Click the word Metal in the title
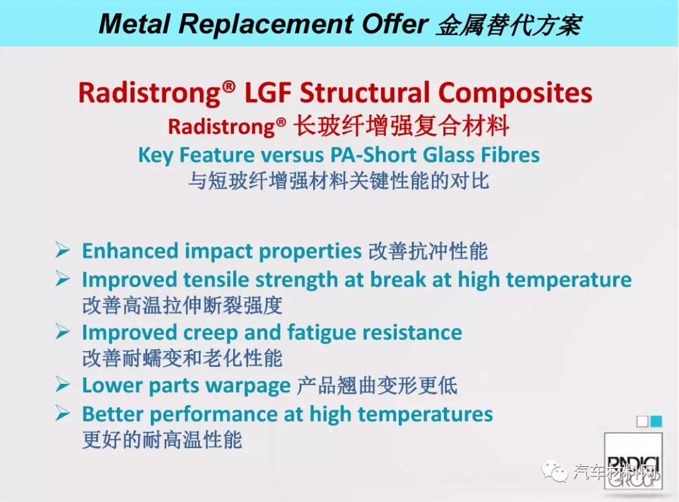coord(135,23)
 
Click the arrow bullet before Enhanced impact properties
coord(63,249)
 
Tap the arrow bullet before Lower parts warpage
coord(63,385)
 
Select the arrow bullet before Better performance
coord(63,413)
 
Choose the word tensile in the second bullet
coord(216,280)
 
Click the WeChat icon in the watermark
coord(555,471)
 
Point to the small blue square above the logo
coord(656,421)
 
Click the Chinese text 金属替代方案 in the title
coord(509,25)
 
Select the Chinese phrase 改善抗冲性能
coord(428,251)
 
